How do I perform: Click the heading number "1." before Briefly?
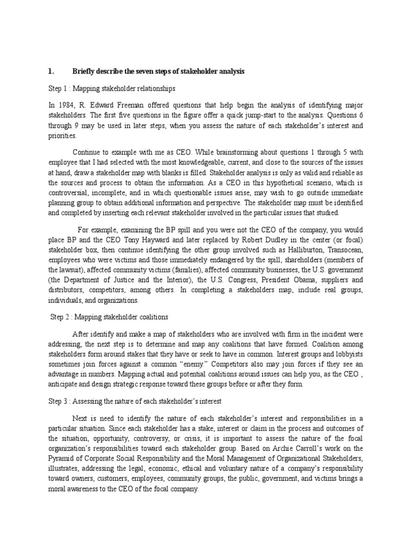51,71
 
